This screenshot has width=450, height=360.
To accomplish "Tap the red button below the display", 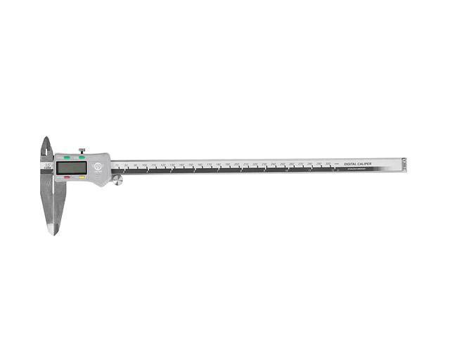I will coord(67,178).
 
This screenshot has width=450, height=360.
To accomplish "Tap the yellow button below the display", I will coord(82,178).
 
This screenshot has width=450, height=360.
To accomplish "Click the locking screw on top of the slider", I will coord(82,149).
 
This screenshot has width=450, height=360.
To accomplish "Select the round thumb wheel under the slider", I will coord(118,181).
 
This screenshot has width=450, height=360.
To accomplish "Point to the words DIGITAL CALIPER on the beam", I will coord(358,164).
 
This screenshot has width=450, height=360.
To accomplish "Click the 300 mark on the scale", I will coord(328,163).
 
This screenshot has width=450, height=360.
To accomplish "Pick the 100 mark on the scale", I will coord(144,165).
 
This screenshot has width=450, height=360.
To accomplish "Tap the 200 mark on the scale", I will coord(236,164).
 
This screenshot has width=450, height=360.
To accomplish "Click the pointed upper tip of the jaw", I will coord(46,139).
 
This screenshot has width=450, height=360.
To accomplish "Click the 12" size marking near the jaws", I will coord(47,164).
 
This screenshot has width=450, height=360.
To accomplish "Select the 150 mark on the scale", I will coord(191,165).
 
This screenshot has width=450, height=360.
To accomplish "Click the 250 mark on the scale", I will coord(282,164).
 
